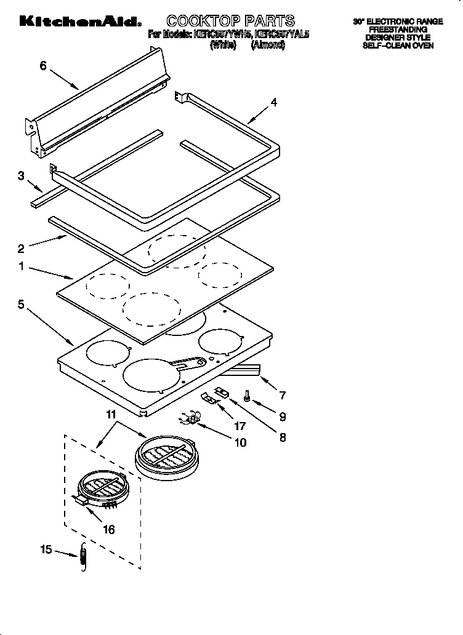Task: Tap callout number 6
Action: pos(43,65)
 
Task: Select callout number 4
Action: pos(273,103)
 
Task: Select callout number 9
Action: pos(282,417)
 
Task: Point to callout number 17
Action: pos(239,425)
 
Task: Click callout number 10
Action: pos(240,442)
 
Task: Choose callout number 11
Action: pos(111,415)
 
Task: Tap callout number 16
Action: pos(108,529)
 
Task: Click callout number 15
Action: pos(47,550)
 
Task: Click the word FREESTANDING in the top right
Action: pos(398,30)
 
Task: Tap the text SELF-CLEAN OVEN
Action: pos(398,46)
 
